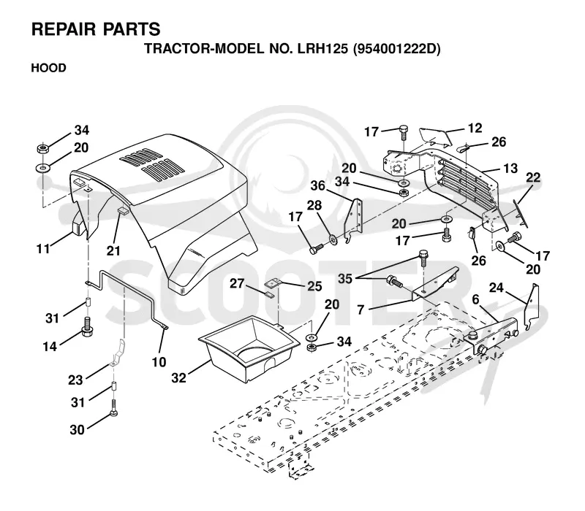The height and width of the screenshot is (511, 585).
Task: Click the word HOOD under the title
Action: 48,68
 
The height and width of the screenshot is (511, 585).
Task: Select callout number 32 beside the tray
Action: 178,378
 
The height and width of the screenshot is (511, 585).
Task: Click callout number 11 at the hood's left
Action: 43,248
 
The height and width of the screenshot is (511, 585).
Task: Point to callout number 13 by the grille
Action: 510,169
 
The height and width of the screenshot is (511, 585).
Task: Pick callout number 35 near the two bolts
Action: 345,279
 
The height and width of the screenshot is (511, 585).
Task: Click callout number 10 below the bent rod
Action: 159,361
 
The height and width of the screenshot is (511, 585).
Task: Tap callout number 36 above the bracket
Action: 318,185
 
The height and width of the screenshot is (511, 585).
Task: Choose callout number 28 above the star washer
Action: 314,205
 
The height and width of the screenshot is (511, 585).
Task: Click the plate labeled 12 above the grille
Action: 436,137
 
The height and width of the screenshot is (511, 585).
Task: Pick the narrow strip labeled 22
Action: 521,212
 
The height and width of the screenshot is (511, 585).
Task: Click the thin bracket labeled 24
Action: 532,307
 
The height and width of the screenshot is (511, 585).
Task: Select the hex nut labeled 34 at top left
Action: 42,150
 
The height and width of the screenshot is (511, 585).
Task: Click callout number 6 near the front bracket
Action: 475,299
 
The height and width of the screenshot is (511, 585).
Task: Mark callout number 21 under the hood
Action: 113,250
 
